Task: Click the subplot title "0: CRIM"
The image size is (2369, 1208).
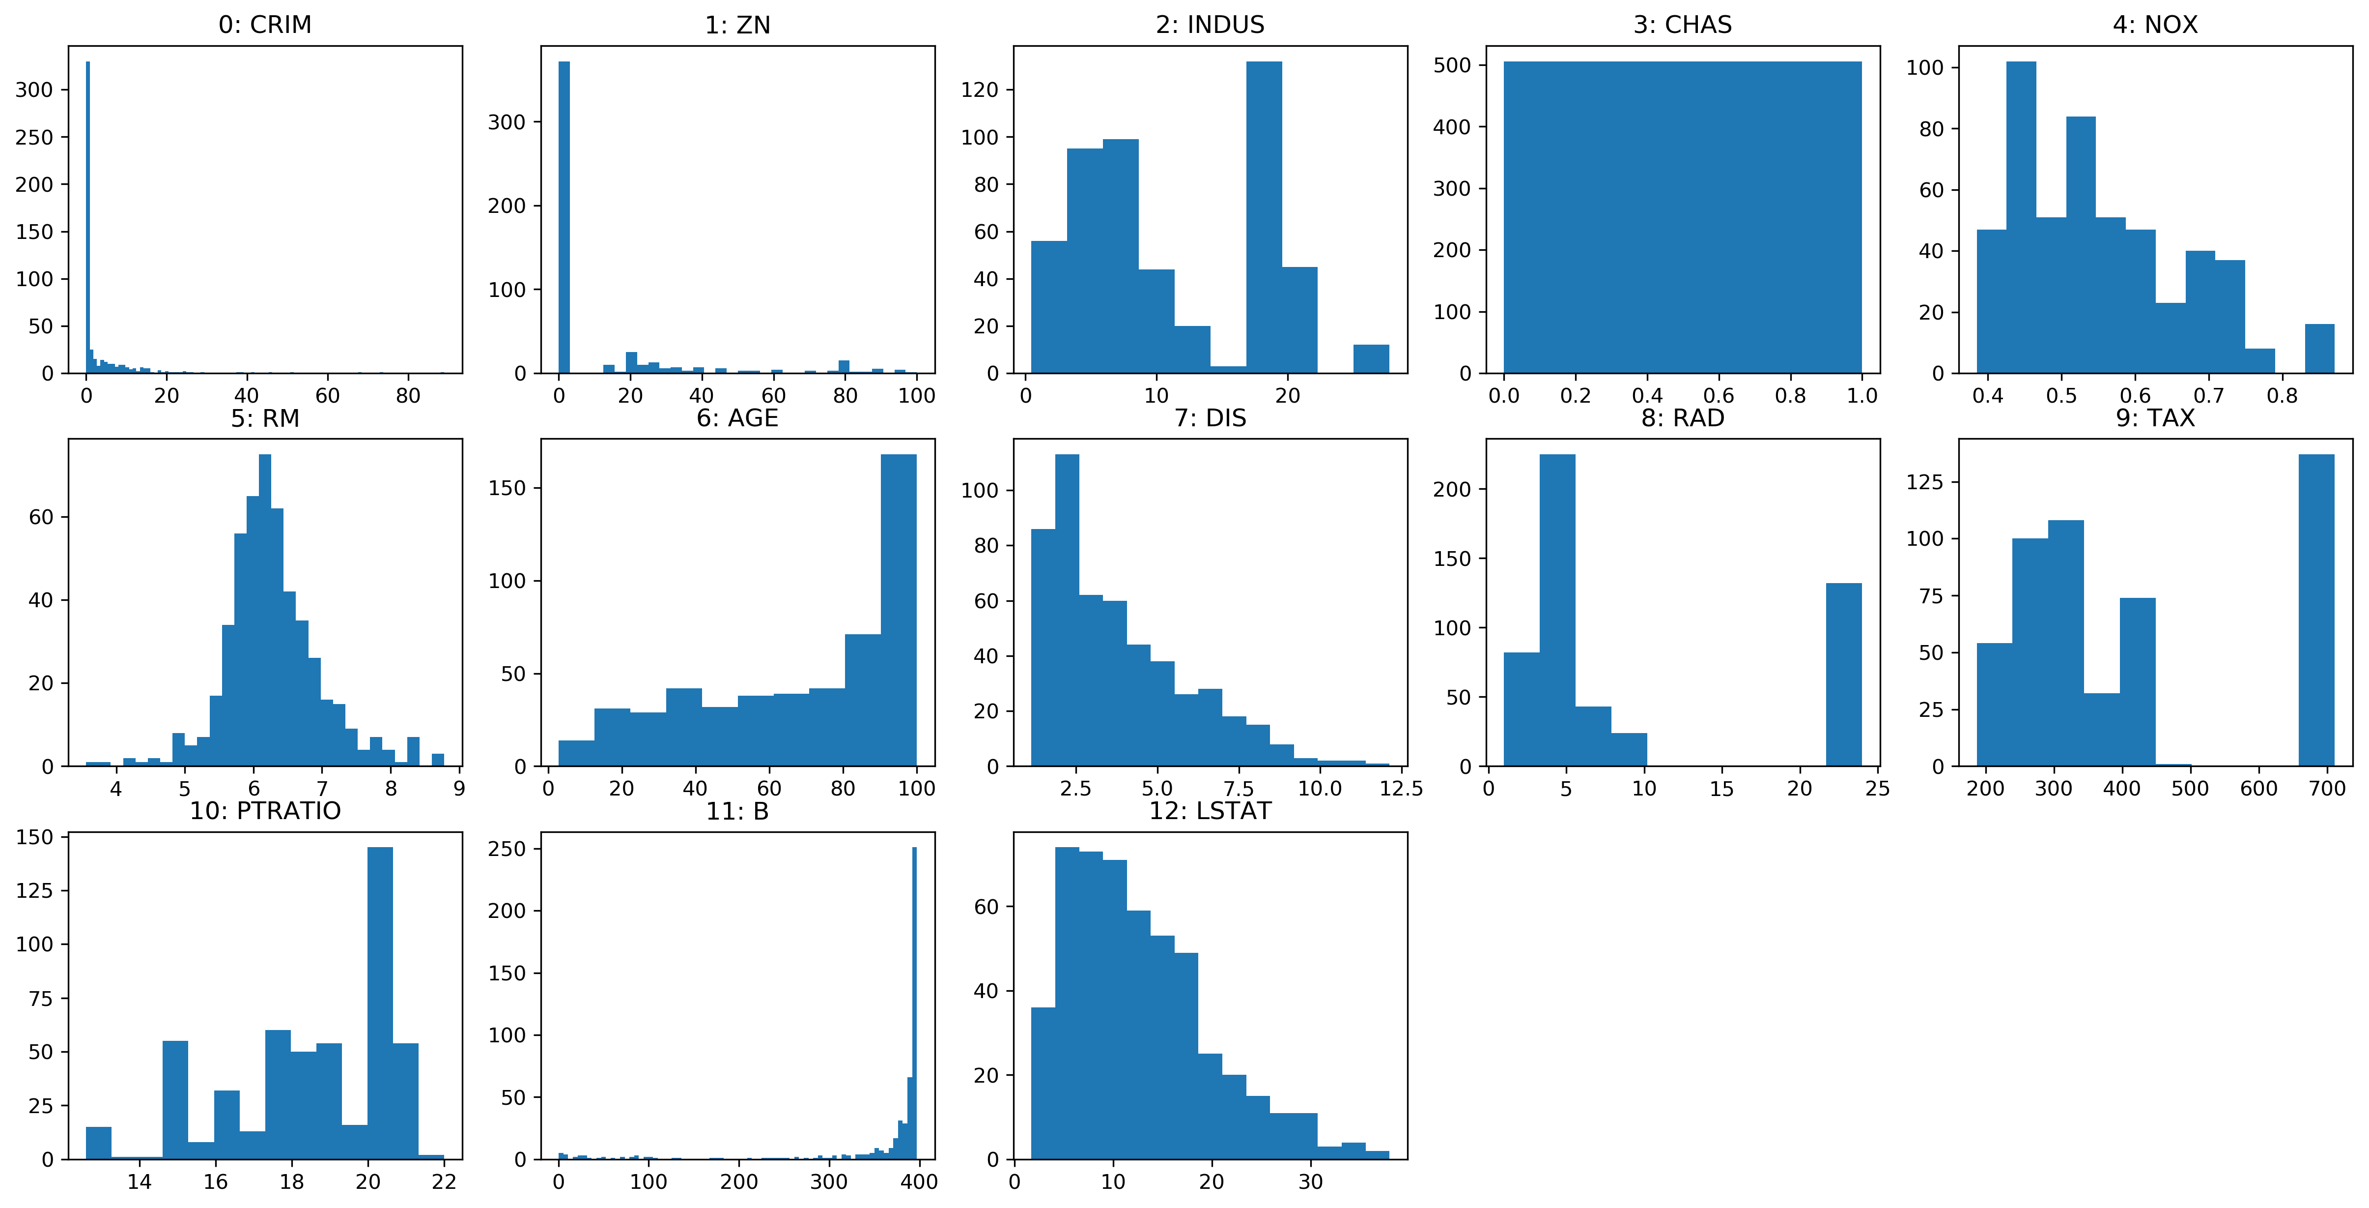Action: (x=265, y=25)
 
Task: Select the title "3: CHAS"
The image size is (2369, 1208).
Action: (x=1682, y=25)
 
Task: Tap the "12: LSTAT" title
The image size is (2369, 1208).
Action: (x=1210, y=811)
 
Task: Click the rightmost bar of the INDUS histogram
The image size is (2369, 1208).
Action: (x=1371, y=359)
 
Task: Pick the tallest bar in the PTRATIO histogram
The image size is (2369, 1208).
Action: (x=380, y=1003)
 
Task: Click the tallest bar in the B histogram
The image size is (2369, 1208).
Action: (x=914, y=1003)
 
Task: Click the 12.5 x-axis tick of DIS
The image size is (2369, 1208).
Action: (x=1401, y=789)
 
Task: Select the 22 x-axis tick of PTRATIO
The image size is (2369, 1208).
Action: (x=444, y=1181)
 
